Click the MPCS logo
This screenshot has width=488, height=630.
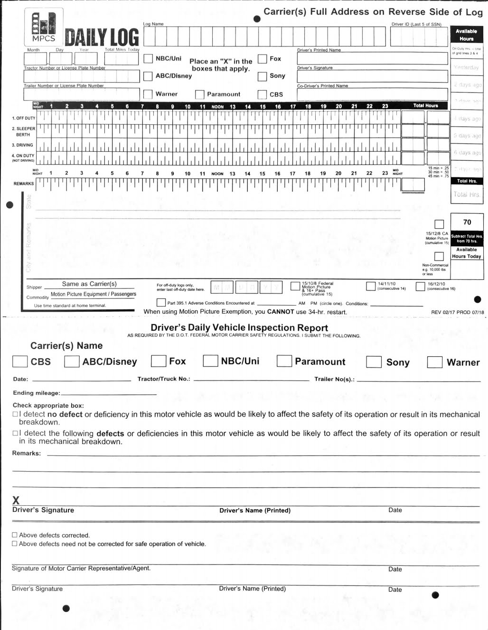[44, 28]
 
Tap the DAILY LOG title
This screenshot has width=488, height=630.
[102, 38]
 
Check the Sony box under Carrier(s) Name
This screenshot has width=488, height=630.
[374, 362]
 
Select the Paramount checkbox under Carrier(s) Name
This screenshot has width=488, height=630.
[284, 361]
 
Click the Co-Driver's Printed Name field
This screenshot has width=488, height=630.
[372, 94]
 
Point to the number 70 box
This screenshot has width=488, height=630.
[467, 222]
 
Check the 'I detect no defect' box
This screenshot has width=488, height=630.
[15, 414]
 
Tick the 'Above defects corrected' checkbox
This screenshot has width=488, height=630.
[15, 535]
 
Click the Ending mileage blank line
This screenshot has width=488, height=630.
[109, 394]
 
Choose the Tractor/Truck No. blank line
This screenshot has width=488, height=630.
[244, 380]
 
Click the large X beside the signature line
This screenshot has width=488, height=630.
[16, 500]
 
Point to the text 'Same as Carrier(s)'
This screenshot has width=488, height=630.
[89, 284]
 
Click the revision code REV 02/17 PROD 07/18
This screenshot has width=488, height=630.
[457, 312]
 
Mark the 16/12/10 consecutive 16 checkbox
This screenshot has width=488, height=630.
[420, 286]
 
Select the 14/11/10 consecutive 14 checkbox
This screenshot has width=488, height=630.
[371, 286]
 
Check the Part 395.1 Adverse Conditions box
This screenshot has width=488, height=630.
[161, 303]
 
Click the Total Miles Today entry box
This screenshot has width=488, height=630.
[122, 58]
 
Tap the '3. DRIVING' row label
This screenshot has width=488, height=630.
[22, 145]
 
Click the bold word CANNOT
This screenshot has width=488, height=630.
[281, 312]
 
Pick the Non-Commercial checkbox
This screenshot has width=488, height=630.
[439, 256]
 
